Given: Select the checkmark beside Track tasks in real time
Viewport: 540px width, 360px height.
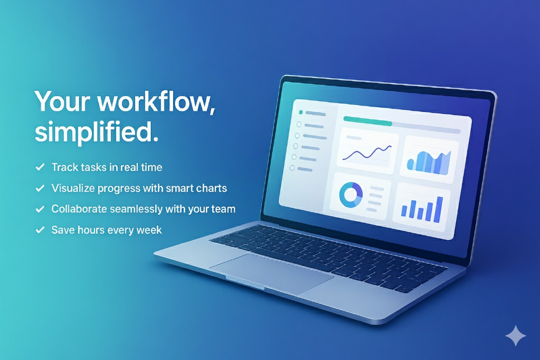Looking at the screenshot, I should click(x=40, y=167).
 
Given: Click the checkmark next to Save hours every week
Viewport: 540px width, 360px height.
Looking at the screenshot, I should click(x=40, y=230).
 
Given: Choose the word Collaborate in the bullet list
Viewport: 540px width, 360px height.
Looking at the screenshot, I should click(x=79, y=209).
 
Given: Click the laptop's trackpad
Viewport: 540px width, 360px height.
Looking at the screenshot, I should click(x=271, y=273).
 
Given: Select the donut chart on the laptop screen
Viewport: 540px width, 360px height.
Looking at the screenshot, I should click(x=350, y=194).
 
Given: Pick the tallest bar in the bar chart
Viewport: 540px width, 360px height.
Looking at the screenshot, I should click(x=440, y=209).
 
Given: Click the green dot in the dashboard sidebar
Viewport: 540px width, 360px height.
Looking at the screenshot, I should click(x=301, y=112).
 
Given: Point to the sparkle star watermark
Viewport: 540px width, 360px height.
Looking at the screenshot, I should click(x=516, y=336).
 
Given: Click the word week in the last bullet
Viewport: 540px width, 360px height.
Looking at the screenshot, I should click(x=149, y=230).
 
